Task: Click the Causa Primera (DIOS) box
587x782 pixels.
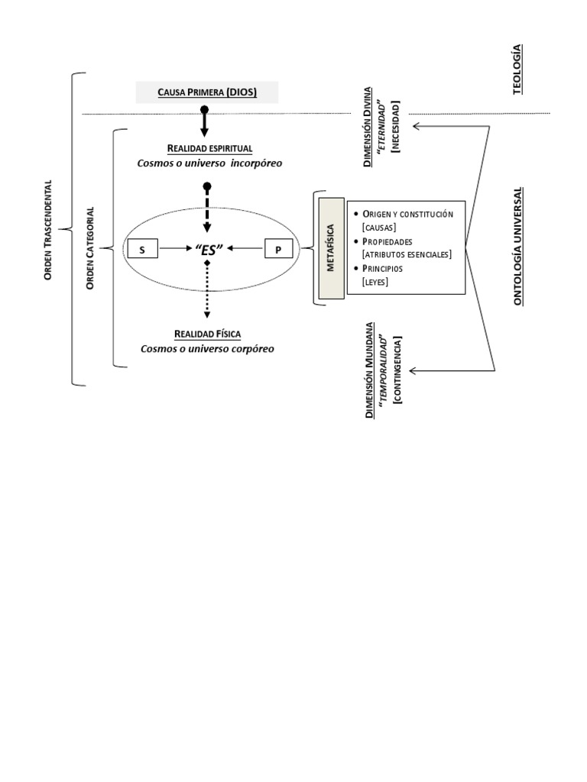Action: pos(207,93)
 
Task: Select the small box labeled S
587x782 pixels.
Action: pos(142,248)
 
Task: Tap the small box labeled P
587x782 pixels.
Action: pos(278,248)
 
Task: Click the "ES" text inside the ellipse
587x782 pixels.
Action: pos(207,248)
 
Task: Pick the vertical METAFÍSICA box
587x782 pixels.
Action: pos(331,249)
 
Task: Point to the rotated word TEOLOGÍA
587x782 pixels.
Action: pos(517,69)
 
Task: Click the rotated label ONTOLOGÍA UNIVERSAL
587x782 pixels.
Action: pos(517,246)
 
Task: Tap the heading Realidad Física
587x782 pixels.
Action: pos(208,334)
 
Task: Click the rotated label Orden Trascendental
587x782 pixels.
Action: pos(48,229)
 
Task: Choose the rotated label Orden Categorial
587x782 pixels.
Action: pos(90,248)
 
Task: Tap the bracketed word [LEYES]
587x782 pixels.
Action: pos(375,283)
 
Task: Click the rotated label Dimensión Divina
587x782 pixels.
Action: pos(368,127)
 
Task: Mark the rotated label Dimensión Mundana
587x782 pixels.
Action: pos(368,370)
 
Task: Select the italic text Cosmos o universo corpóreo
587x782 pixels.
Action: pos(207,349)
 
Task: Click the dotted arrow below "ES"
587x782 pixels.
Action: pos(206,290)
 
